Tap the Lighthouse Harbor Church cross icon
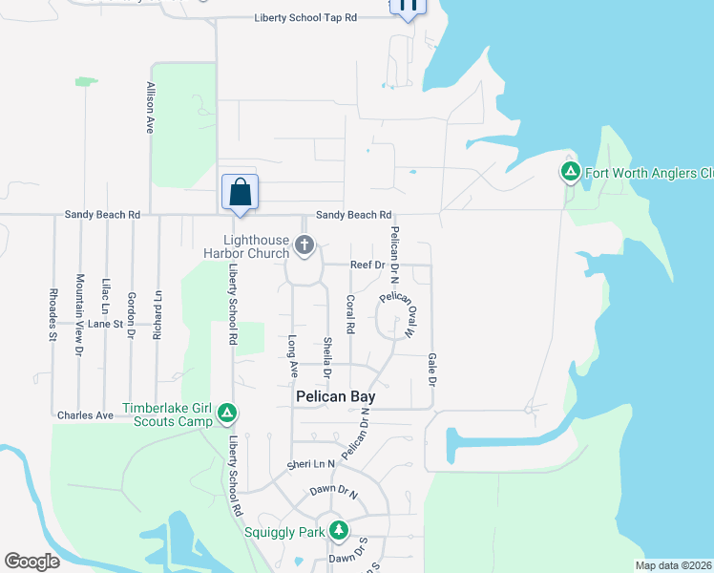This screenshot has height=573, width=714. tap(304, 246)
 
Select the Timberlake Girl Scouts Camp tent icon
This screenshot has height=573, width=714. tap(227, 414)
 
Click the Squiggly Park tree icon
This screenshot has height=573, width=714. tap(337, 530)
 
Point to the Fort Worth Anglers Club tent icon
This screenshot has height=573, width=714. tap(570, 173)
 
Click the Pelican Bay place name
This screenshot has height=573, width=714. tap(334, 396)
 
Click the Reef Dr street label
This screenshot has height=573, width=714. tap(367, 264)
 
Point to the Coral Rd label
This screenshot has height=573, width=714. tap(350, 314)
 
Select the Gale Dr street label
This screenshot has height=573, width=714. tap(431, 369)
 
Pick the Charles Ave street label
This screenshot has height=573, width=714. tap(85, 415)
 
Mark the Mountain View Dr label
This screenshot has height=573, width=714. tap(79, 314)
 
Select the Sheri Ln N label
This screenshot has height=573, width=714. tap(312, 464)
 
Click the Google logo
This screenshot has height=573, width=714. tap(32, 562)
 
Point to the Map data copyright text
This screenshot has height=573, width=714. tap(673, 565)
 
